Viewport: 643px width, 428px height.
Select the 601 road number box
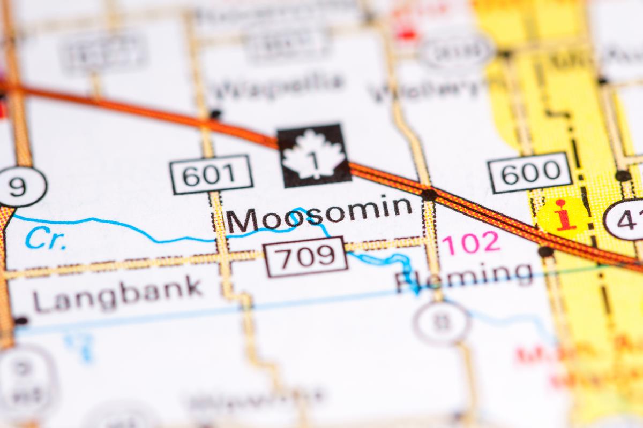(211, 174)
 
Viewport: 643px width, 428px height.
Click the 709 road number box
(306, 256)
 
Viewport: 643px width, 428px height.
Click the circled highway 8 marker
(442, 322)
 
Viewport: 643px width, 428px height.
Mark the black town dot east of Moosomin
(429, 194)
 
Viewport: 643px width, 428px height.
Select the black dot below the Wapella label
(215, 114)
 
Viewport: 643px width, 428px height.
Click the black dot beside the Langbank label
(21, 320)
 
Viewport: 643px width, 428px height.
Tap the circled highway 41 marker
(626, 219)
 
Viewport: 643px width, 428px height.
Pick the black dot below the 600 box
(545, 251)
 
